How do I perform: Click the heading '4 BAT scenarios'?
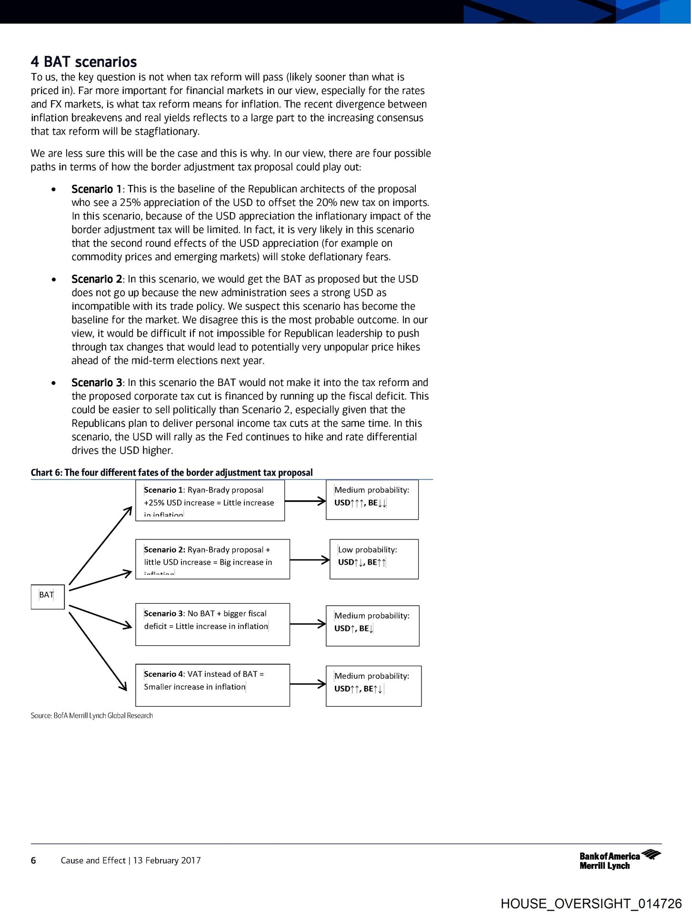(x=84, y=62)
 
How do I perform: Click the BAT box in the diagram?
(x=48, y=596)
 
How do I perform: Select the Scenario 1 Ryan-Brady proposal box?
(x=210, y=500)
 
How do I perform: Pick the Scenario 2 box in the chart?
(x=212, y=559)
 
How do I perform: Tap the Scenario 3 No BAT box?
(x=212, y=624)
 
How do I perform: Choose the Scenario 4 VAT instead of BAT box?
(x=212, y=685)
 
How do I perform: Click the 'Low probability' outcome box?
(x=374, y=559)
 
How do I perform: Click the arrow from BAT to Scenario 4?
(x=98, y=651)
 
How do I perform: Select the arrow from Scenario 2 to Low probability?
(x=310, y=559)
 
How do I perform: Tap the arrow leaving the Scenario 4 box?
(x=308, y=684)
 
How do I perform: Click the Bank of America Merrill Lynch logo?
(x=620, y=860)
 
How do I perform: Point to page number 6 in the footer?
(x=33, y=860)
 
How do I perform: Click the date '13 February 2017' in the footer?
(x=167, y=860)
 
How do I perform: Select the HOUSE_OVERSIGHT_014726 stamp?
(x=591, y=904)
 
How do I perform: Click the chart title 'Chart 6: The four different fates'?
(x=171, y=472)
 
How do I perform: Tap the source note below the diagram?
(x=92, y=715)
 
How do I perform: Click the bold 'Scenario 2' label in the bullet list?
(x=97, y=279)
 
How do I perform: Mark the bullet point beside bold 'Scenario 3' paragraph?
(x=54, y=383)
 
